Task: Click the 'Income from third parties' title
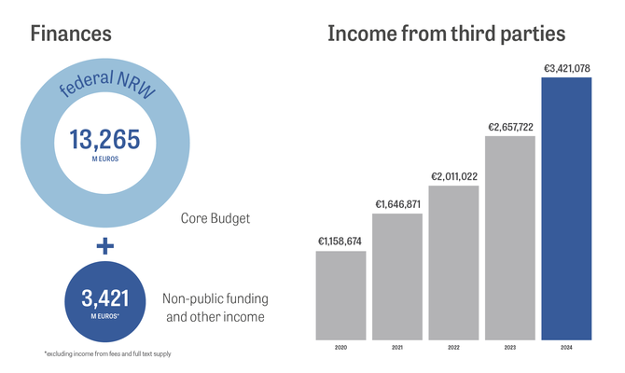pos(446,35)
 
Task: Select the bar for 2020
pos(340,296)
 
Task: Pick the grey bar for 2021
pos(397,277)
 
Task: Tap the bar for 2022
pos(453,263)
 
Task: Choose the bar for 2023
pos(510,239)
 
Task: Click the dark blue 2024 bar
pos(566,209)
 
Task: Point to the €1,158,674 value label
pos(340,242)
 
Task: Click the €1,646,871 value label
pos(397,203)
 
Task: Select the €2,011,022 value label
pos(453,175)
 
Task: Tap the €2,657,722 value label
pos(510,126)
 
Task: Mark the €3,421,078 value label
pos(566,67)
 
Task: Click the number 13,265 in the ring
pos(104,140)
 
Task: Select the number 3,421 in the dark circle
pos(104,298)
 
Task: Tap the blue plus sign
pos(104,246)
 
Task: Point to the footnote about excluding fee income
pos(106,354)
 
